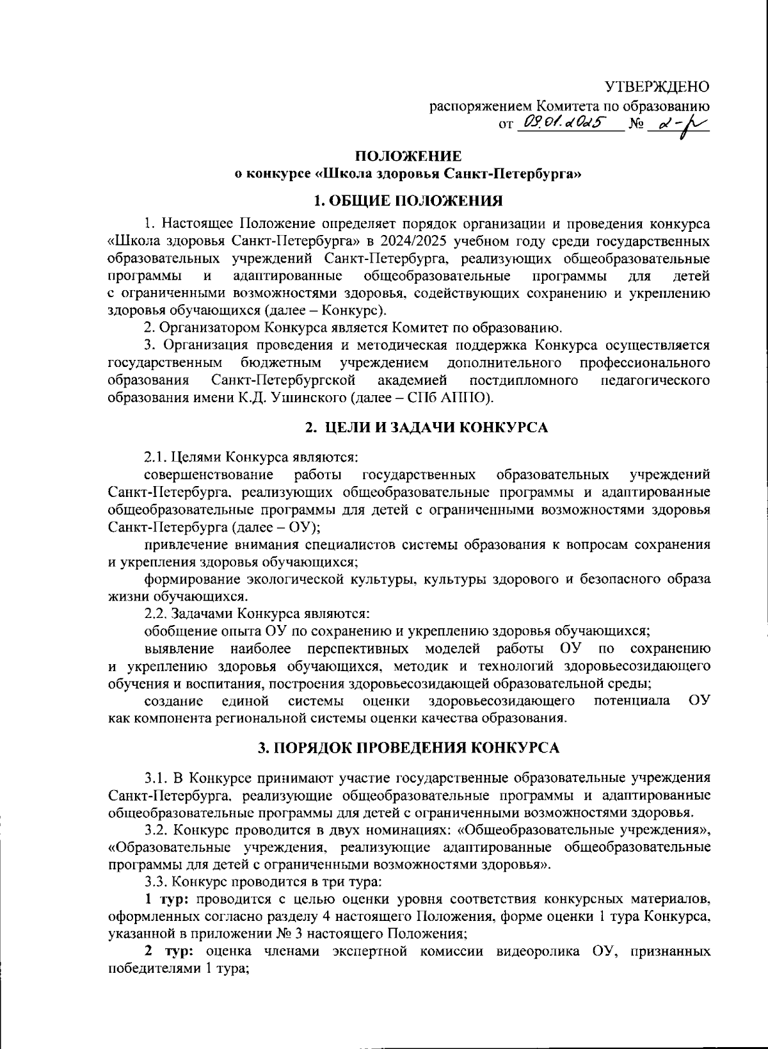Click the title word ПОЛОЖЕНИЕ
[x=408, y=156]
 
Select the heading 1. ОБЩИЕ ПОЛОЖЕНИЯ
[x=408, y=200]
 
